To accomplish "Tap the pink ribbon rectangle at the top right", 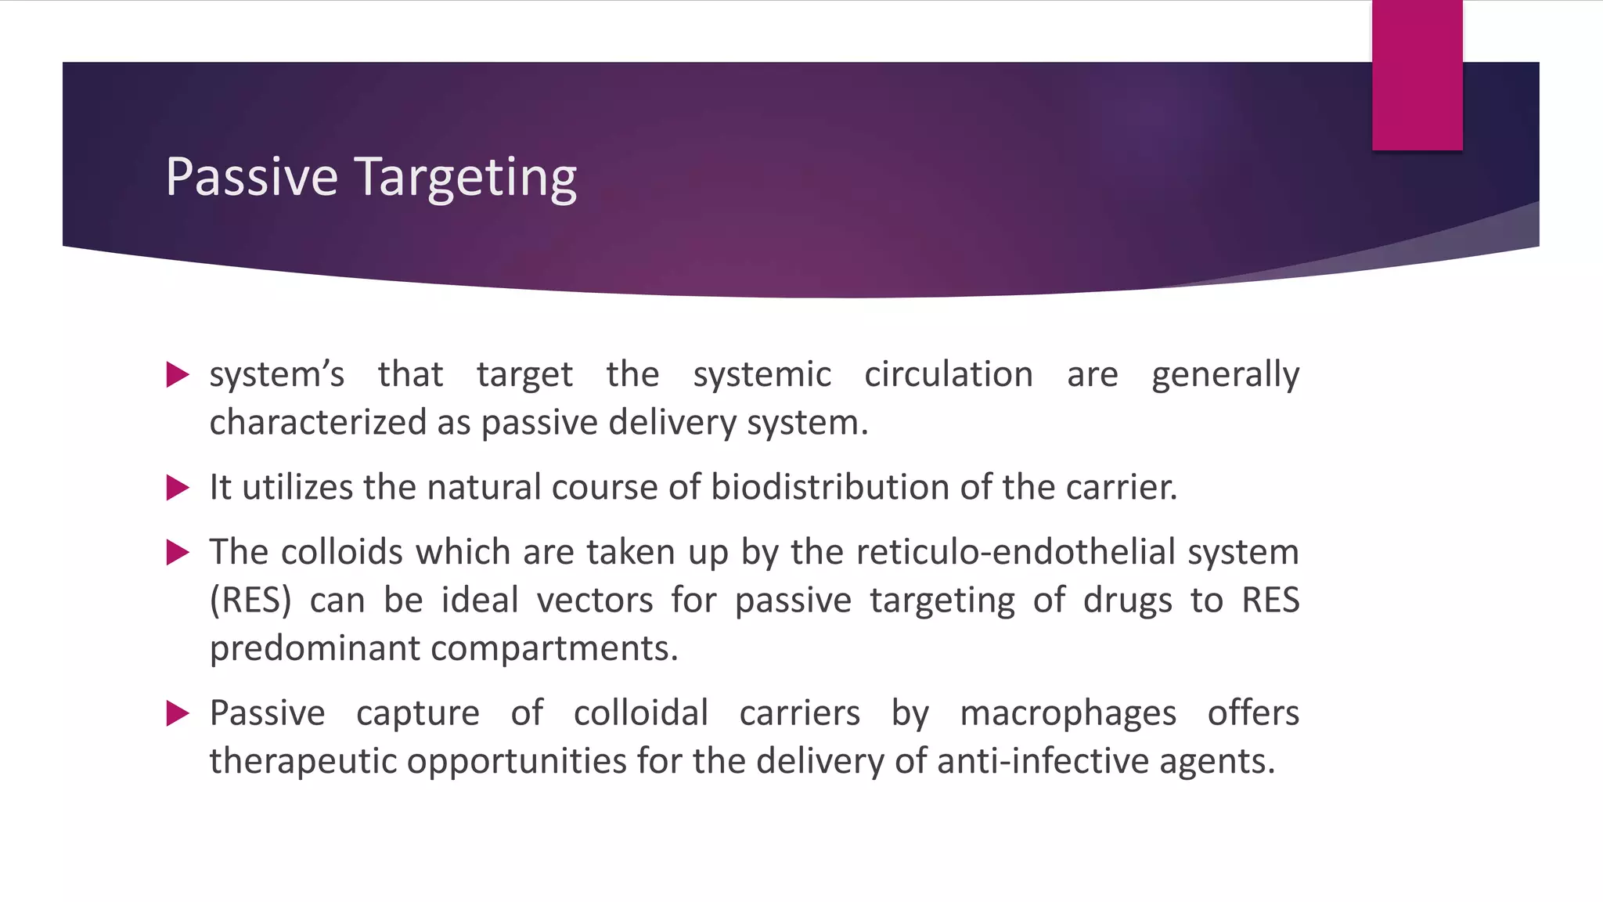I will point(1417,75).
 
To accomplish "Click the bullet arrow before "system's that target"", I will point(178,375).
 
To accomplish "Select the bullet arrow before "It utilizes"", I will point(178,488).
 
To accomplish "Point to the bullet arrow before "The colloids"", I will point(178,553).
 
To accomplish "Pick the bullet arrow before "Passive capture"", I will point(178,713).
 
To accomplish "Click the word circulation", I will point(948,374).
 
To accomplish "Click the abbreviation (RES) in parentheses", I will point(250,601).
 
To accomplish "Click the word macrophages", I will point(1068,713).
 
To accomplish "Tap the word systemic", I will point(762,374).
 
